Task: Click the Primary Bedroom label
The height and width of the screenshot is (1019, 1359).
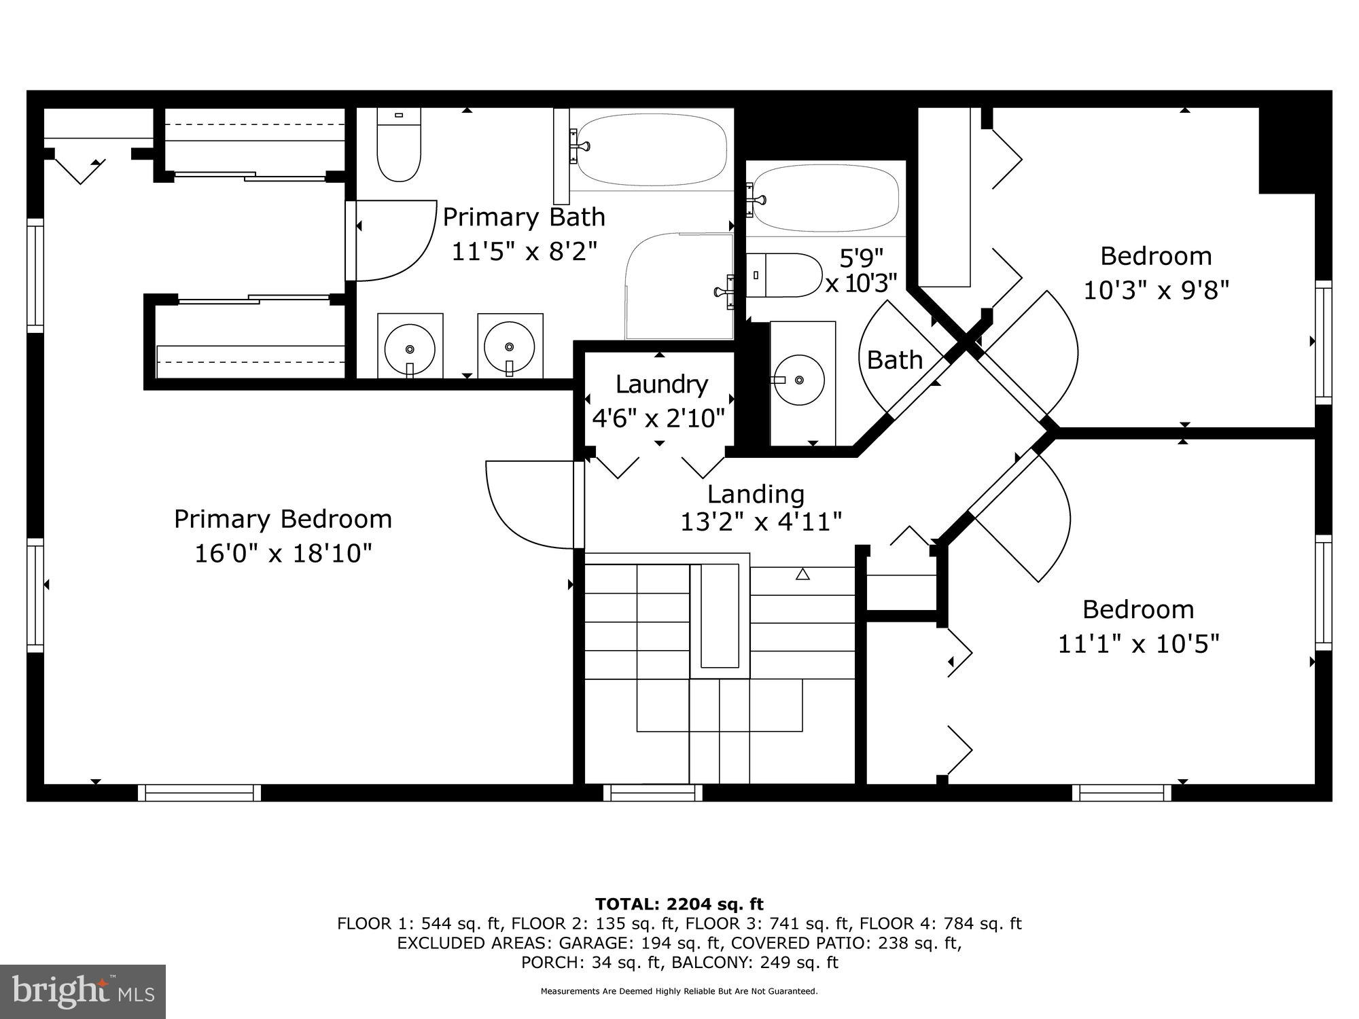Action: click(283, 519)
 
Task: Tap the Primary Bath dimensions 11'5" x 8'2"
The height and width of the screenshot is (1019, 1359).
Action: click(524, 252)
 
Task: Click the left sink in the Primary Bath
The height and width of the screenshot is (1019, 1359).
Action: click(409, 346)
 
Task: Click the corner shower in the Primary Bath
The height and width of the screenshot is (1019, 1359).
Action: click(679, 285)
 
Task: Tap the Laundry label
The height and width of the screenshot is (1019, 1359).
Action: click(661, 385)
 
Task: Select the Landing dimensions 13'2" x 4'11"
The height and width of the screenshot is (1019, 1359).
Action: click(761, 522)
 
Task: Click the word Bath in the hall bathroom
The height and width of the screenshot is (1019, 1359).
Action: click(894, 360)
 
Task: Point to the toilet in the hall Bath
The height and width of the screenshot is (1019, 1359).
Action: click(785, 275)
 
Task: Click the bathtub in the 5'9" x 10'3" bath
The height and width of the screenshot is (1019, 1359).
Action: click(826, 198)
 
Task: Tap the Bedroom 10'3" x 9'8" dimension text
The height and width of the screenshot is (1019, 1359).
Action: click(1156, 291)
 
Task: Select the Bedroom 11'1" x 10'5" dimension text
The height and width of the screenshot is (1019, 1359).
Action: click(1138, 643)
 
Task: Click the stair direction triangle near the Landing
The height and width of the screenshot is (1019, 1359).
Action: click(802, 575)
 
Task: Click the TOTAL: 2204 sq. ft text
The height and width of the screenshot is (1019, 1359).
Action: click(679, 904)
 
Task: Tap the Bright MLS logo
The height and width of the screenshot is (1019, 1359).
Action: click(83, 991)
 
